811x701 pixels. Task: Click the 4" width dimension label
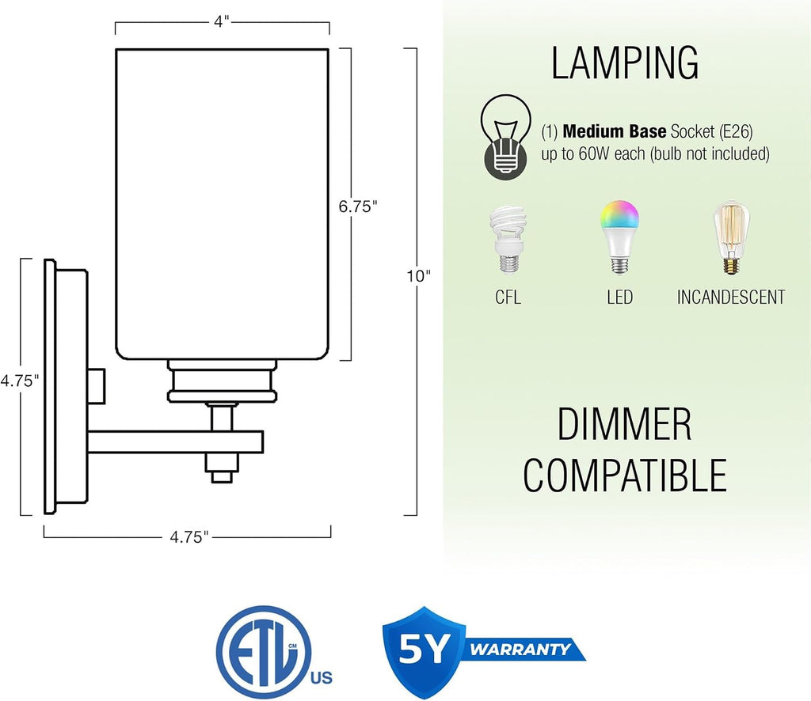point(222,21)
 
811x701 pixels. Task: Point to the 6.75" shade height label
point(358,207)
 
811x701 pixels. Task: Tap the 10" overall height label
point(418,276)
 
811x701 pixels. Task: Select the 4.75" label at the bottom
point(189,537)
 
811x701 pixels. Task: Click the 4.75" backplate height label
point(20,381)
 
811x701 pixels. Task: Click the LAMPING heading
point(625,63)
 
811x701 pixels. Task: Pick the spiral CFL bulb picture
point(508,240)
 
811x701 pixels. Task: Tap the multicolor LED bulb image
point(619,237)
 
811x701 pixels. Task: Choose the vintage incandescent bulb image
point(731,237)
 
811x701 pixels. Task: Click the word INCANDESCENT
point(731,297)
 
